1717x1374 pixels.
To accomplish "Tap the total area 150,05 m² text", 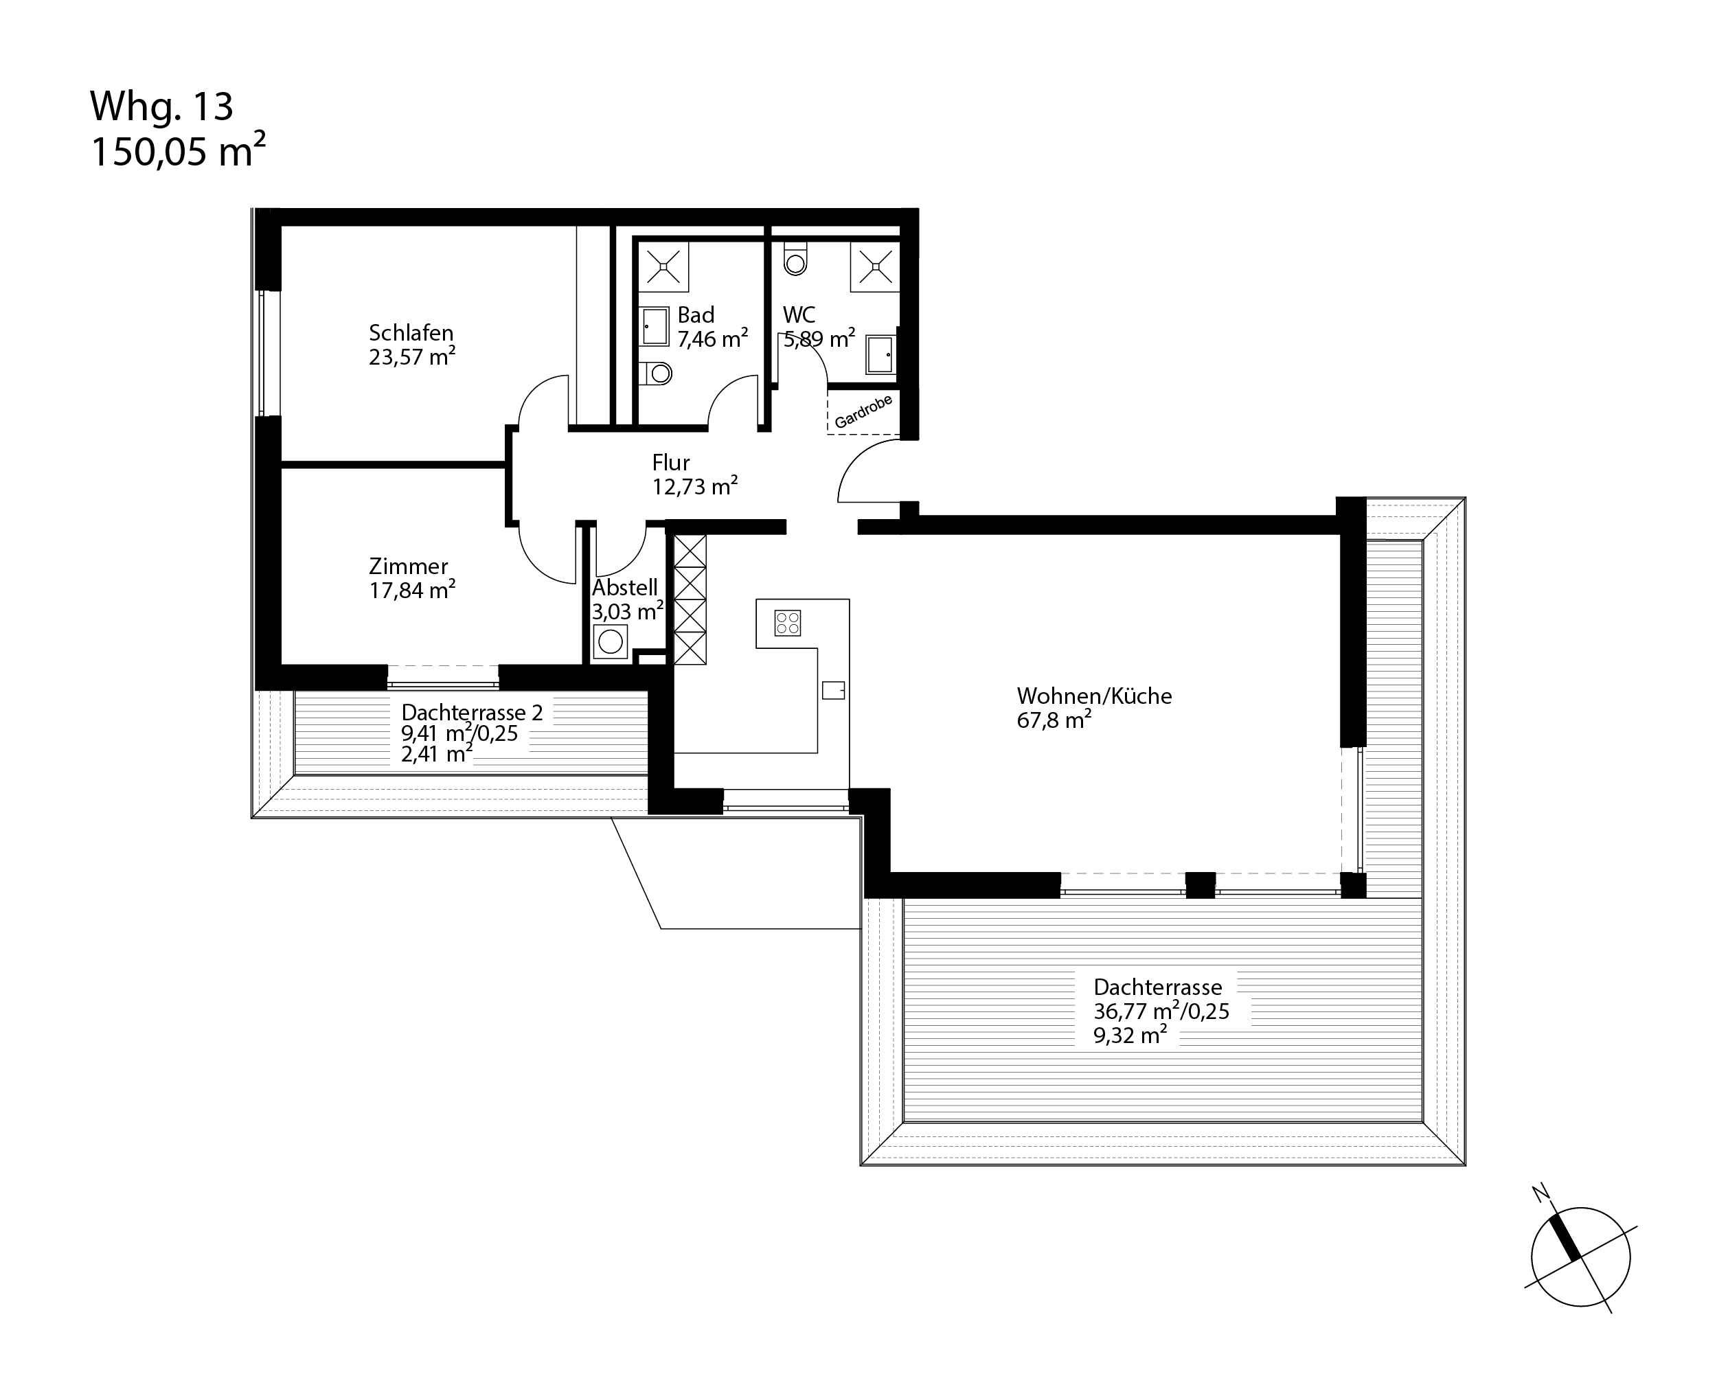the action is tap(178, 151).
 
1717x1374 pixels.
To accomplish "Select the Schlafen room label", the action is tap(411, 333).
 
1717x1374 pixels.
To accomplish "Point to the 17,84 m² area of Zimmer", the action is tap(413, 590).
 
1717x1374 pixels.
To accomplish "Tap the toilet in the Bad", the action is tap(656, 371).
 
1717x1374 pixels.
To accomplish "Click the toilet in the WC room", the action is tap(795, 258).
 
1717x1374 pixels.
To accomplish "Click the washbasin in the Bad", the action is tap(655, 326).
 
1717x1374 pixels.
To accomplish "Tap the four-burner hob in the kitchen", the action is tap(788, 623).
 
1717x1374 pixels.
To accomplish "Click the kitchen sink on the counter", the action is tap(833, 690).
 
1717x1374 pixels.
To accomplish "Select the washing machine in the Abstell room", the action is tap(611, 641).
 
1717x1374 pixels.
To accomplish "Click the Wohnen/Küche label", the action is tap(1094, 696).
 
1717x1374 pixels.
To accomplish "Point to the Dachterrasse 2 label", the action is tap(471, 713).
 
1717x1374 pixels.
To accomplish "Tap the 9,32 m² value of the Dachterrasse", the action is tap(1130, 1035).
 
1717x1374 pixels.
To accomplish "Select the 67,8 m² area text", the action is tap(1054, 720).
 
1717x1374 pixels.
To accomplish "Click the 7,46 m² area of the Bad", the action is tap(713, 339).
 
